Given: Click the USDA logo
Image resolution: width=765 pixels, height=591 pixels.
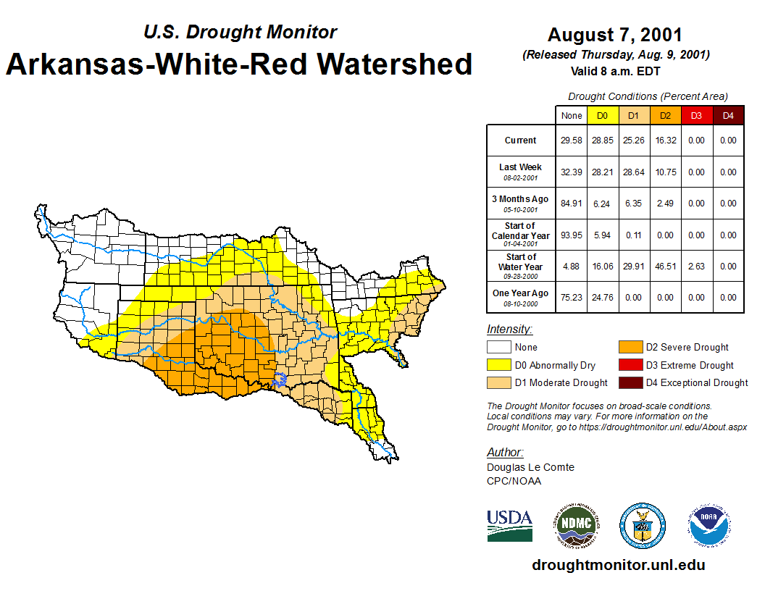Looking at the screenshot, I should click(x=509, y=525).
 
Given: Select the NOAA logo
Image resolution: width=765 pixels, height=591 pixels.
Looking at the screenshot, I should click(x=709, y=525).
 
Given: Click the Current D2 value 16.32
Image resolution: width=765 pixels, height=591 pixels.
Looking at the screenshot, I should click(x=665, y=141).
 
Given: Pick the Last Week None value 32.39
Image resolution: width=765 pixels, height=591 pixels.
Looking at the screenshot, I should click(x=572, y=172).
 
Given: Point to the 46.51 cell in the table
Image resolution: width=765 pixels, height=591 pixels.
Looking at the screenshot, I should click(x=665, y=267).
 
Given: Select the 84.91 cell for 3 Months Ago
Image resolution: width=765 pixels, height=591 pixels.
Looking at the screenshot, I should click(x=572, y=204).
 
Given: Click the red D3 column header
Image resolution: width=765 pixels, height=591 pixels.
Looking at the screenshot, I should click(x=696, y=116).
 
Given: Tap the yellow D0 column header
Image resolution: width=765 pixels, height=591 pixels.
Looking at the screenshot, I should click(x=603, y=116).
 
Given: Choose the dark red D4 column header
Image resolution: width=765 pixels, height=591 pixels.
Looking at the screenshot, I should click(x=727, y=116).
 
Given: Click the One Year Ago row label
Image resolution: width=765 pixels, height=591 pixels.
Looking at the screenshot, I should click(x=521, y=293).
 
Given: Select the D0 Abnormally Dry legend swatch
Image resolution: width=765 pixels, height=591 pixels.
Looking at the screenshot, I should click(x=498, y=365).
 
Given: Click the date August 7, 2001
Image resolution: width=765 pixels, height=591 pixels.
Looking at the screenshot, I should click(x=615, y=35).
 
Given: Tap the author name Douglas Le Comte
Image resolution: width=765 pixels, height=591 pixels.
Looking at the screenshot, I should click(x=530, y=467).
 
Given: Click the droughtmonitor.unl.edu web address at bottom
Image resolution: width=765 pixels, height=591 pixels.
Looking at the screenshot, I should click(x=618, y=565).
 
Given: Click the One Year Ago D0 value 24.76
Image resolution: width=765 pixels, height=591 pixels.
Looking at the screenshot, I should click(x=603, y=298).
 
